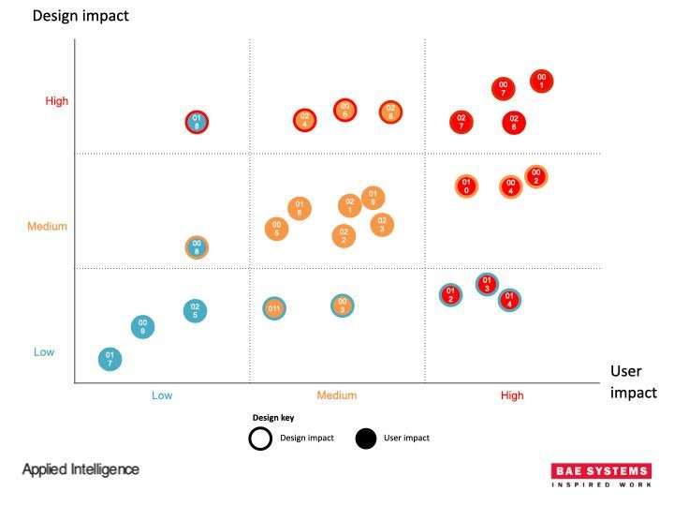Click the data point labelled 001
(x=541, y=82)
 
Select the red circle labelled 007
(x=504, y=89)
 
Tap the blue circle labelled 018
(x=197, y=122)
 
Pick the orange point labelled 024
(x=304, y=120)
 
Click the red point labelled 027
(x=461, y=122)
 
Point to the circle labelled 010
(x=465, y=186)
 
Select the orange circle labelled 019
(x=373, y=199)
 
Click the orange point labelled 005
(x=276, y=229)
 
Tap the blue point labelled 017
(x=110, y=359)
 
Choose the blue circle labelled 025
(x=195, y=310)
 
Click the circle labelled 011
(x=274, y=308)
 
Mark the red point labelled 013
(x=486, y=283)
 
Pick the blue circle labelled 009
(x=142, y=326)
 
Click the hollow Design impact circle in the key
(x=261, y=438)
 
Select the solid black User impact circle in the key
(x=368, y=438)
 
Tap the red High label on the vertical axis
(x=57, y=101)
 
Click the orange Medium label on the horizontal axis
(x=336, y=395)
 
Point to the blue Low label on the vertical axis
(x=44, y=352)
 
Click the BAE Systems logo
(x=601, y=475)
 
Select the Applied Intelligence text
(x=81, y=469)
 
